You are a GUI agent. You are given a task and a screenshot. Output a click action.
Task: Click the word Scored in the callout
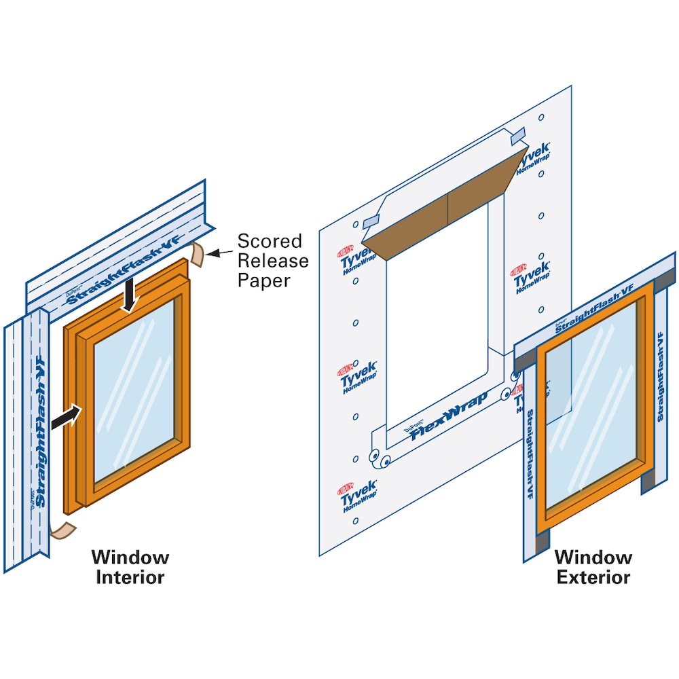[x=269, y=241]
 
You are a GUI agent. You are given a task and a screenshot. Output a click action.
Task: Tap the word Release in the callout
[x=272, y=261]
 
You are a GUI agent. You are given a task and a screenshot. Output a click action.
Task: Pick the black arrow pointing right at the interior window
[x=66, y=416]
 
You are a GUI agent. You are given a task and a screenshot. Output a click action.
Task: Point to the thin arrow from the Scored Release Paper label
[x=219, y=253]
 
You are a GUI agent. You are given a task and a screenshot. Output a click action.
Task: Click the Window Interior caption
[x=130, y=567]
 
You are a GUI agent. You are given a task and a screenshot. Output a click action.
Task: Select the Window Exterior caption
[x=593, y=567]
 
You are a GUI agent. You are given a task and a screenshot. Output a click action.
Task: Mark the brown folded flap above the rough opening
[x=445, y=204]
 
